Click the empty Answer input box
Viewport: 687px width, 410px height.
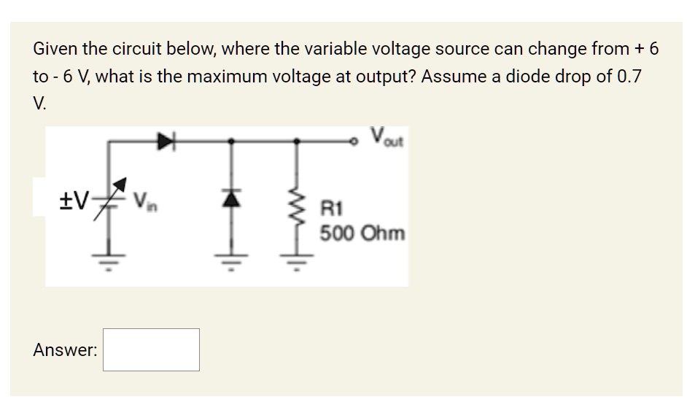tap(152, 349)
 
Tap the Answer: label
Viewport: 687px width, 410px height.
tap(65, 350)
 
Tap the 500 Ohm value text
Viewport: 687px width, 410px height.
tap(362, 234)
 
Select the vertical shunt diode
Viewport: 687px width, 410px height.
tap(233, 199)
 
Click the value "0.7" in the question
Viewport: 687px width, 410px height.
tap(629, 76)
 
